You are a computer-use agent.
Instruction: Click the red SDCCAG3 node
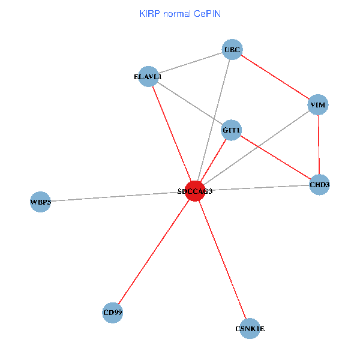coord(195,191)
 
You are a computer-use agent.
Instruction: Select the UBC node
coord(232,50)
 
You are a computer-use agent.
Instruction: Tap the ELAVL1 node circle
coord(148,76)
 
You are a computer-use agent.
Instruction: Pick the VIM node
coord(318,105)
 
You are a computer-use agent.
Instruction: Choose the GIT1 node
coord(232,130)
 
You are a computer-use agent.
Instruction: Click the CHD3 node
coord(319,185)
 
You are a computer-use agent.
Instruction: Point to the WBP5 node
coord(40,202)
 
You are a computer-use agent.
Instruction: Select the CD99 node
coord(113,313)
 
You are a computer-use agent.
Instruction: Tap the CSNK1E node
coord(250,328)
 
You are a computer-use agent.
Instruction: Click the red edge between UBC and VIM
coord(275,77)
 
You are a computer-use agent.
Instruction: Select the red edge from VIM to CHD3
coord(319,145)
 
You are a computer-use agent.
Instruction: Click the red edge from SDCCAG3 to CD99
coord(154,252)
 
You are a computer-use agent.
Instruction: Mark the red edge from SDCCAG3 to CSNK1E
coord(222,259)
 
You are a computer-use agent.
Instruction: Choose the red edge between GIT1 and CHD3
coord(275,157)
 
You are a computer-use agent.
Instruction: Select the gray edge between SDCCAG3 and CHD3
coord(258,188)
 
